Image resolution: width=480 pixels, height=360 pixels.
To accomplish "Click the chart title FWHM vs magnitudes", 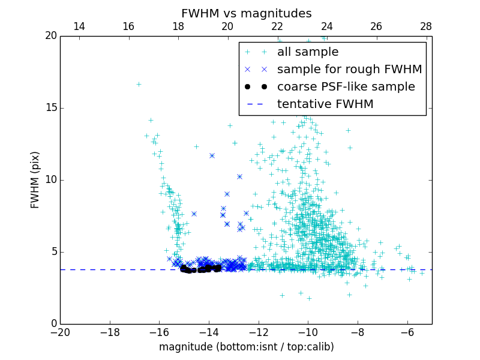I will (246, 13).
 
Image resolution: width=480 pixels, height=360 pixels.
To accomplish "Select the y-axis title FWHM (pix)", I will (35, 179).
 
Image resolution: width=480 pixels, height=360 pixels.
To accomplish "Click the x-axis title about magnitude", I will (246, 347).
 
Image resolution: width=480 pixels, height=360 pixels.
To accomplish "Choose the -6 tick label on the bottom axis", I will (407, 332).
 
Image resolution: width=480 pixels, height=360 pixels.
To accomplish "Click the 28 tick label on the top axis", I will (426, 26).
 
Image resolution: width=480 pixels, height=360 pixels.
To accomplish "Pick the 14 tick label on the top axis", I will (79, 26).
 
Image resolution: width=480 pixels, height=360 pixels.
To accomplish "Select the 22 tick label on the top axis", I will (277, 26).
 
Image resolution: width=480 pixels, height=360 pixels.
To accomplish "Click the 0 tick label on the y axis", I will (53, 324).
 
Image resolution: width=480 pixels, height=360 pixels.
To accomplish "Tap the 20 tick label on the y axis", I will (50, 36).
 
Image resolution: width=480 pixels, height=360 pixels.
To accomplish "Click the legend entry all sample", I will (308, 52).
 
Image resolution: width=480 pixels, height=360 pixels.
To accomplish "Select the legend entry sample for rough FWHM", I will (349, 70).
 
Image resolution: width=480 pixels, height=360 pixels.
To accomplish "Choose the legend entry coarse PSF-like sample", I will (346, 87).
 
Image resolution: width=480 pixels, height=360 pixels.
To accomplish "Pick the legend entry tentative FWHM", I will (325, 104).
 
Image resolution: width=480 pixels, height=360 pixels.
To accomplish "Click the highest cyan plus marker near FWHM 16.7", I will (139, 84).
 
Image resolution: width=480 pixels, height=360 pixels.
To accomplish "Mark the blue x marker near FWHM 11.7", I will (212, 155).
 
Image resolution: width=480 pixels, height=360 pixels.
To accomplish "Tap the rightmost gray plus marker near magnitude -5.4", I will (422, 273).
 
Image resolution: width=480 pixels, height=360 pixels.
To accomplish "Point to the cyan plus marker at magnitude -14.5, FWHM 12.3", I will (196, 146).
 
